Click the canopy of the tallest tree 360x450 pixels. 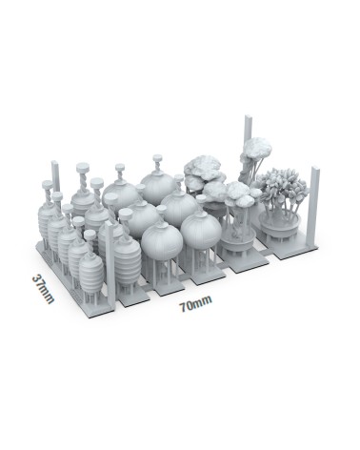coord(255,150)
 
